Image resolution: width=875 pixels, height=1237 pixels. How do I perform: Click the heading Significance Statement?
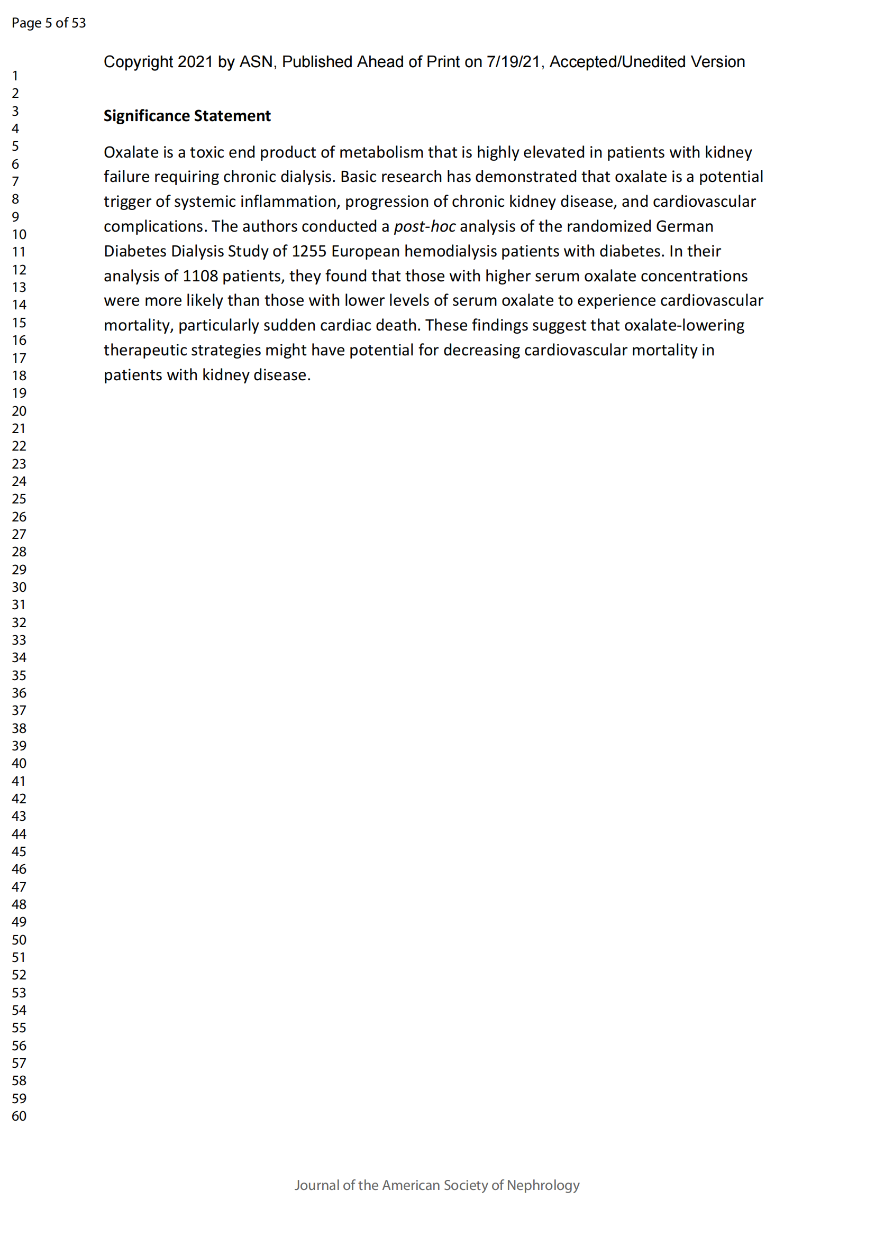pos(187,116)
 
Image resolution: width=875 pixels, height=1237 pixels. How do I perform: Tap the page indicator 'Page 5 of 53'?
pos(49,23)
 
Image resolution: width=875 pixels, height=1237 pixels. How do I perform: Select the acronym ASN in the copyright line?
pos(256,62)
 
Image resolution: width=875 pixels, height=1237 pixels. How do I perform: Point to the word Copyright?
pos(139,62)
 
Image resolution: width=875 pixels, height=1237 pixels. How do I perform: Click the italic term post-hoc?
pos(425,226)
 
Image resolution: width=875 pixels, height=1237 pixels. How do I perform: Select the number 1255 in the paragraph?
pos(309,251)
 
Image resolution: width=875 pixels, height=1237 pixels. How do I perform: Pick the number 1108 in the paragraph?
pos(200,276)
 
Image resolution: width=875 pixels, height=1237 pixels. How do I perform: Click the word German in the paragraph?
pos(684,226)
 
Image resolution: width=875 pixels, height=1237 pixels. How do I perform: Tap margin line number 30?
pos(19,587)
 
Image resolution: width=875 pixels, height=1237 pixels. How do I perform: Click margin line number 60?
pos(19,1116)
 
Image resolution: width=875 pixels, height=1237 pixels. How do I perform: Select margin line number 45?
pos(19,851)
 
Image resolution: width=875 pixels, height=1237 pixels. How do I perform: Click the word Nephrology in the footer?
pos(543,1185)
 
